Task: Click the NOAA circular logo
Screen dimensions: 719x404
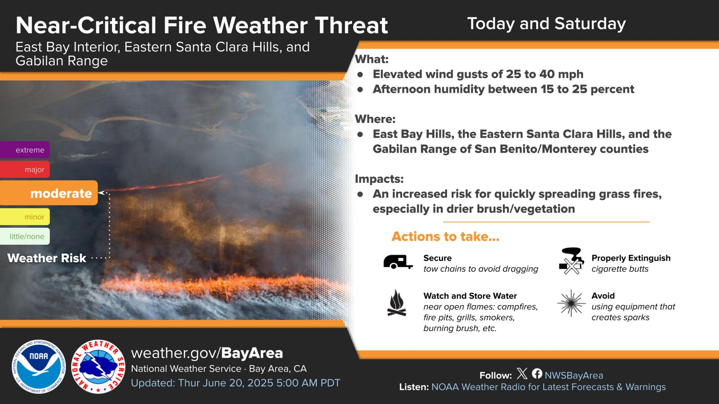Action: click(39, 366)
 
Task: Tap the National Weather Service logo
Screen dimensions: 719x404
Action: click(98, 366)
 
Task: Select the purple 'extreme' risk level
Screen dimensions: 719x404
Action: click(25, 150)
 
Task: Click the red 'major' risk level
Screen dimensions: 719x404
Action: click(25, 169)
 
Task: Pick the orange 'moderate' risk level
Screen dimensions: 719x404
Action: click(49, 193)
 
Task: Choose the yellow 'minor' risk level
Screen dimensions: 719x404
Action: click(25, 217)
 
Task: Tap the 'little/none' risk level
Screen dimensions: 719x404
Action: click(25, 236)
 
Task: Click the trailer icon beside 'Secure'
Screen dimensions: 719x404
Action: click(398, 262)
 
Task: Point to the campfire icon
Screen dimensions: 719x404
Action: click(397, 303)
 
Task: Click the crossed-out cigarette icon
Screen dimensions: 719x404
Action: click(571, 261)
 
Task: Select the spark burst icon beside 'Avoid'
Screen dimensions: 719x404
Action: click(571, 303)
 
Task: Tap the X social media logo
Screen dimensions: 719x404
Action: click(522, 373)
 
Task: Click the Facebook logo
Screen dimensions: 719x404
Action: click(537, 373)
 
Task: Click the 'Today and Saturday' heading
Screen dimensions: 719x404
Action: click(546, 24)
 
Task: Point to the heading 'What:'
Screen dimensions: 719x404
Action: click(372, 59)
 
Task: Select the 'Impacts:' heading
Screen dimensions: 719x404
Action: click(379, 179)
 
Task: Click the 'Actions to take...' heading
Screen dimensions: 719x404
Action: click(445, 236)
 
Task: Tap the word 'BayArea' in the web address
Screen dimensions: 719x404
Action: click(252, 353)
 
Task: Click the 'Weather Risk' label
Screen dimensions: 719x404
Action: click(47, 258)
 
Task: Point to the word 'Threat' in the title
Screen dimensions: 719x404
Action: click(351, 25)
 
